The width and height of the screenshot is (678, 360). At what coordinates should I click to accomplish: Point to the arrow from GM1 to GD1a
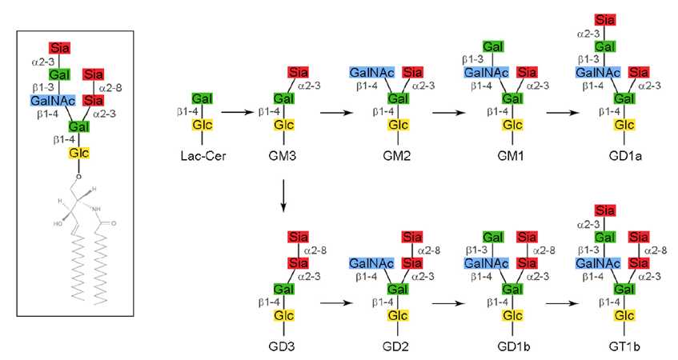click(x=563, y=113)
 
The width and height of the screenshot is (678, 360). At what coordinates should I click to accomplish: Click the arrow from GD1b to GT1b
click(x=563, y=304)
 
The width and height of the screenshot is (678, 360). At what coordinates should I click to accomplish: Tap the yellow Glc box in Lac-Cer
click(x=202, y=125)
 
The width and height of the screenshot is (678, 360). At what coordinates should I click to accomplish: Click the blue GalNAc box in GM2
click(x=370, y=73)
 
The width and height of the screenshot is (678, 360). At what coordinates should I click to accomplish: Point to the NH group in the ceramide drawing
click(x=96, y=210)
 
